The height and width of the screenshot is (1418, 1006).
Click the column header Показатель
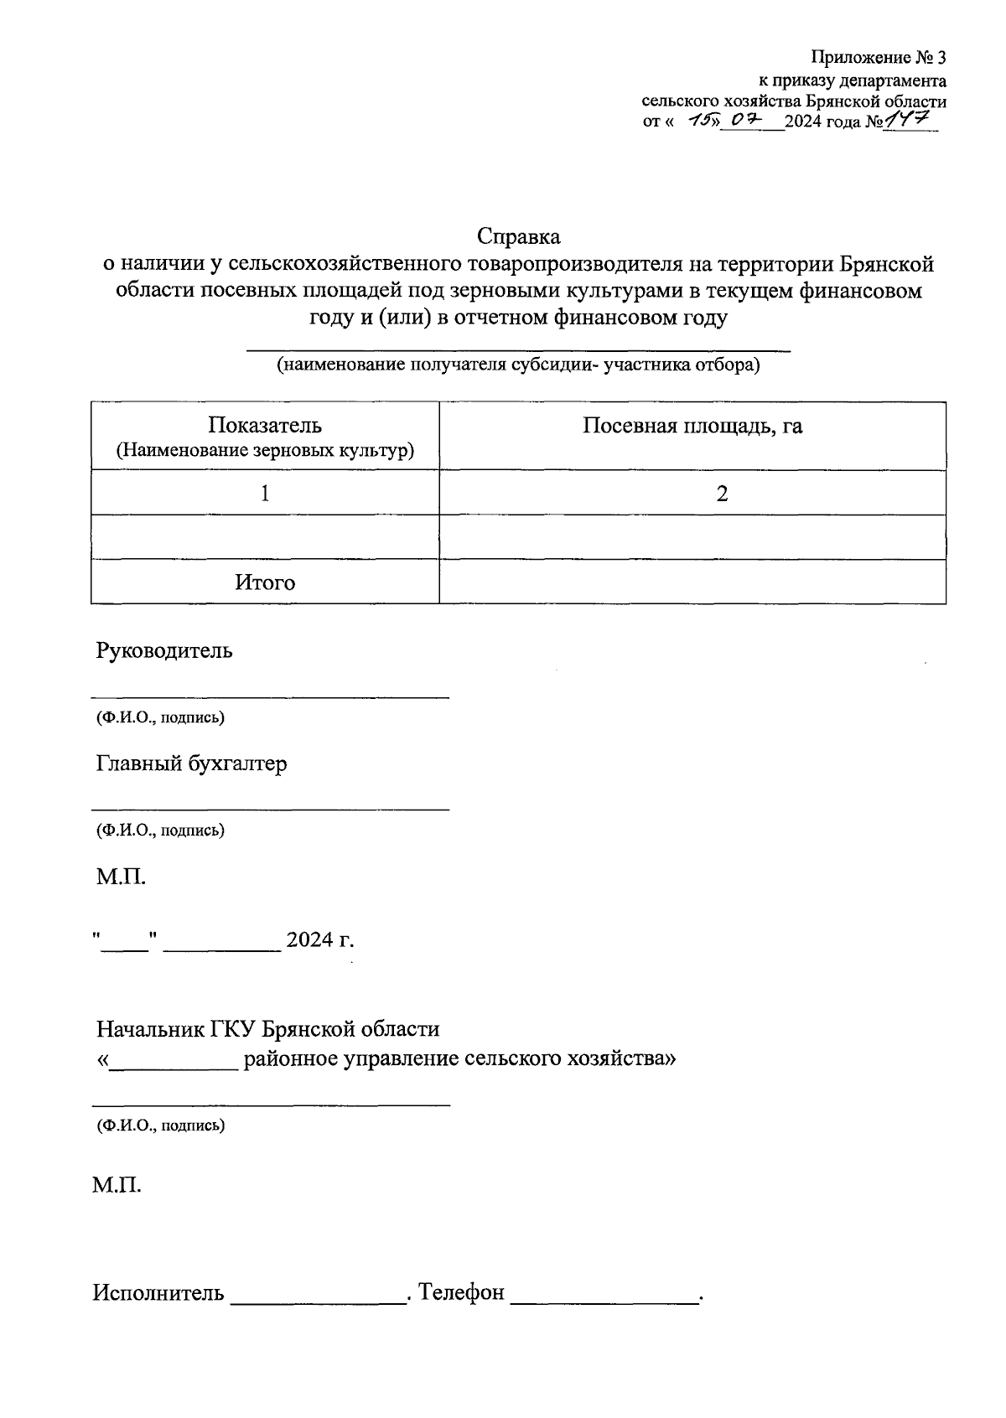265,425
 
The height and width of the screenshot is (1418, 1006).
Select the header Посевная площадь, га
692,426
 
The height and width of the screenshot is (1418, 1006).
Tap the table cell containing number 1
265,493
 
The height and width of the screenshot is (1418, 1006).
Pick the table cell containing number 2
722,493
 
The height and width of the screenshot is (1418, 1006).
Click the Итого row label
265,582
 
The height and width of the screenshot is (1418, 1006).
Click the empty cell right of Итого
692,582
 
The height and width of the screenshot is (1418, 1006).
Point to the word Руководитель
164,650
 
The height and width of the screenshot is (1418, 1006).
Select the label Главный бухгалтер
191,763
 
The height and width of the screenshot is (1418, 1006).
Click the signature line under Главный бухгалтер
270,809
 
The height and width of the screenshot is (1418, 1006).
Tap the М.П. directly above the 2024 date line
121,877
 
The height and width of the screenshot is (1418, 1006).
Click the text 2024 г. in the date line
320,939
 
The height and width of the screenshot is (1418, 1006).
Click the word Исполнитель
158,1292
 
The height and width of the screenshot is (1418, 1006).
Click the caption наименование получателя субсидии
518,365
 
